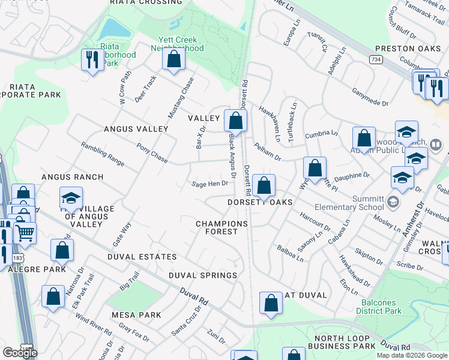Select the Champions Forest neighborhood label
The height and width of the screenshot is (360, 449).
[x=221, y=227]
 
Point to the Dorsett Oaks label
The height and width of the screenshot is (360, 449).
[x=259, y=202]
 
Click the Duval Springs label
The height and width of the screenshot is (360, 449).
[x=202, y=275]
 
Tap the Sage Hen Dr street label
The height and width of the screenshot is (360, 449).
[x=209, y=184]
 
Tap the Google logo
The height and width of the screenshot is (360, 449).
[x=20, y=353]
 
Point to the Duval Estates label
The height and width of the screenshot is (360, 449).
[x=142, y=257]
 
